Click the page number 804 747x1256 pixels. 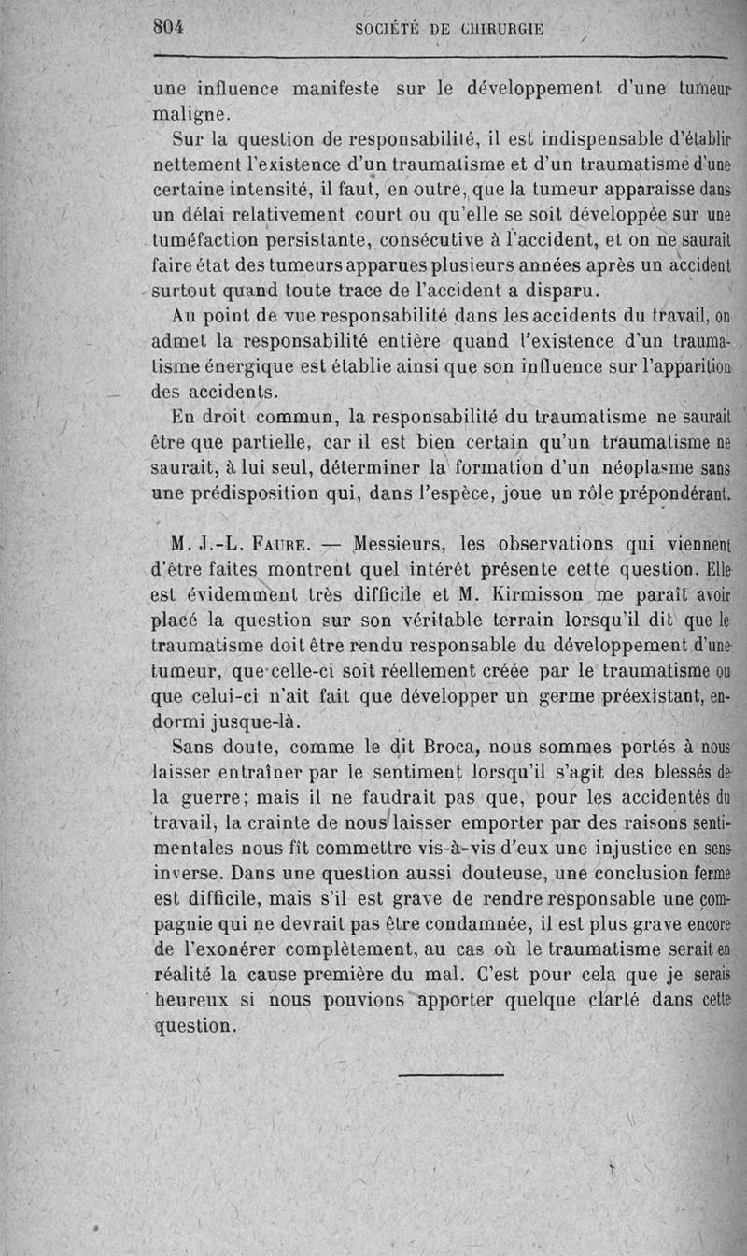[x=168, y=27]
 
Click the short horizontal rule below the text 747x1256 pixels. [x=450, y=1075]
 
